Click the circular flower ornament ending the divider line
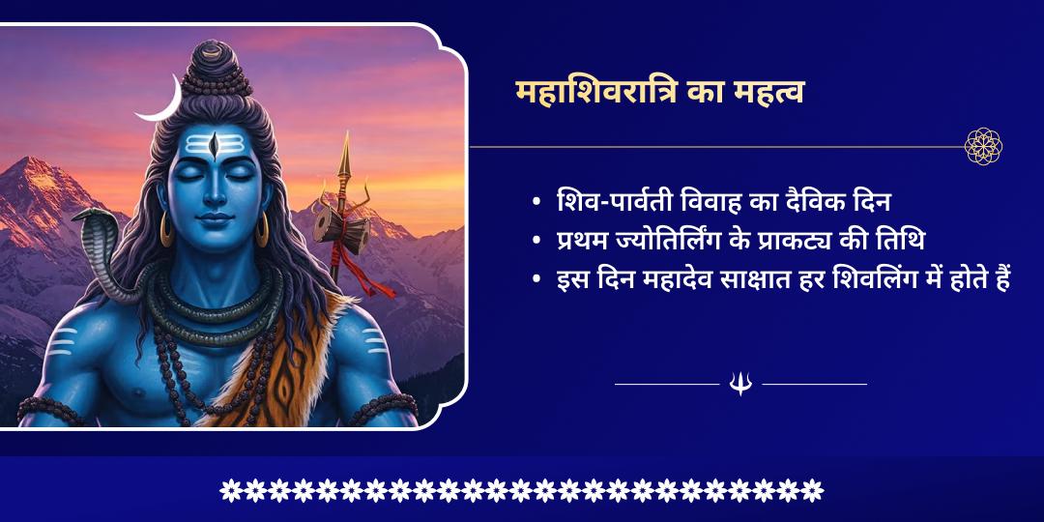tap(983, 147)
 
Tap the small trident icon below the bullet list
tap(740, 385)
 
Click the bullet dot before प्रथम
tap(536, 243)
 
